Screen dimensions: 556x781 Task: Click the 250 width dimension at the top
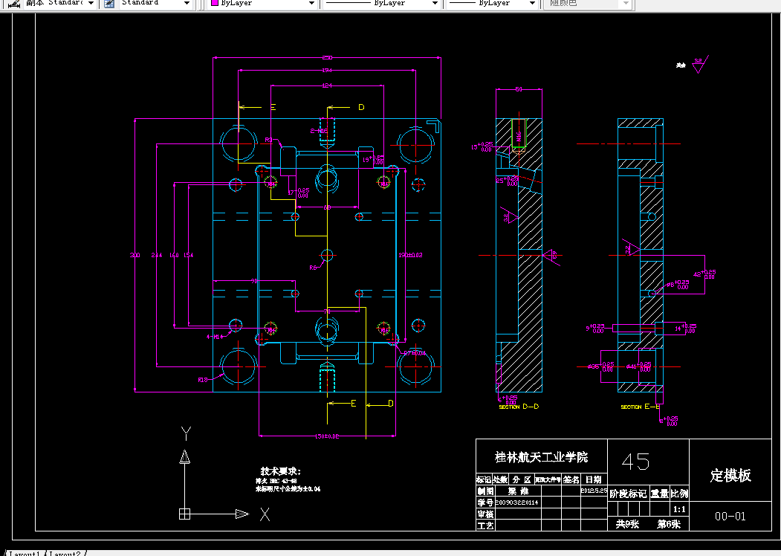(x=326, y=57)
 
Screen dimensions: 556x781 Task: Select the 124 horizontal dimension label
(x=326, y=86)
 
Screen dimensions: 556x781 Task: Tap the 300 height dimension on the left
(x=135, y=256)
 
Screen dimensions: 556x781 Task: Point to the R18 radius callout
(x=202, y=380)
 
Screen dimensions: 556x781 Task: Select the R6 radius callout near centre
(x=313, y=268)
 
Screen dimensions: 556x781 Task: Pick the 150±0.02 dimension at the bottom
(x=327, y=436)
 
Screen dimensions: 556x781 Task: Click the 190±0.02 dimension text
(x=410, y=255)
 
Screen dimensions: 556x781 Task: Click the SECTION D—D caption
(x=519, y=407)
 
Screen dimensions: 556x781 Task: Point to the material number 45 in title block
(x=636, y=462)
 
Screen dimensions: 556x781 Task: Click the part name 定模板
(x=730, y=476)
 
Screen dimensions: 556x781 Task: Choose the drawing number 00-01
(x=730, y=516)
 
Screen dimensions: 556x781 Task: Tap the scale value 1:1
(x=678, y=510)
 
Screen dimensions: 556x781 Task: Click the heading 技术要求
(x=280, y=471)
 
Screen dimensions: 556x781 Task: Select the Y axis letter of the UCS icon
(x=187, y=432)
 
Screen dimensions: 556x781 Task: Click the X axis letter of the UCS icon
(x=265, y=514)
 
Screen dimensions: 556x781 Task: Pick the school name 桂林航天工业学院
(x=541, y=456)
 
